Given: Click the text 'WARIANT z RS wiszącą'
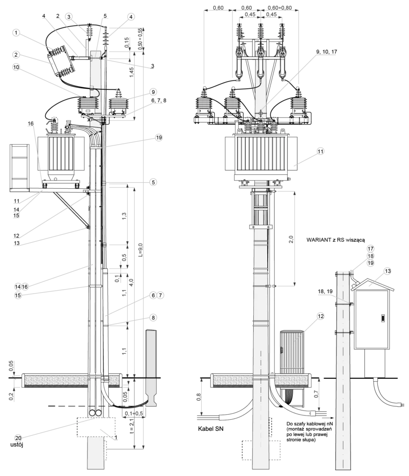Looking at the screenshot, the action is pos(335,240).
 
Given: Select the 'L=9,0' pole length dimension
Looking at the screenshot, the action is pos(140,250).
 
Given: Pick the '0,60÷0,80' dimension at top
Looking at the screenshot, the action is pos(279,8).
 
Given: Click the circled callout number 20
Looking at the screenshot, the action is pos(18,437).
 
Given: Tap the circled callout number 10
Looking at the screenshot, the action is pos(16,67).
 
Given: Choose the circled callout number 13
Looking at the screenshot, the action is pos(388,271).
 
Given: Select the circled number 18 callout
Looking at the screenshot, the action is pos(370,256).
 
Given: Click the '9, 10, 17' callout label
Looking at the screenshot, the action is pos(326,52).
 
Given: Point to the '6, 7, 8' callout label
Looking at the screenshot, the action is pos(158,100).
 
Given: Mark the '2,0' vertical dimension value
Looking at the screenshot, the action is pos(291,239).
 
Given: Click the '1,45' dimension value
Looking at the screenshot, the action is pos(131,72).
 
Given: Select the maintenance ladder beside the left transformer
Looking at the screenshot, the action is pos(20,167).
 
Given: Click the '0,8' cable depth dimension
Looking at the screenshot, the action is pos(199,397).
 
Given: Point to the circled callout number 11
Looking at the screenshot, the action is pos(320,151).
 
